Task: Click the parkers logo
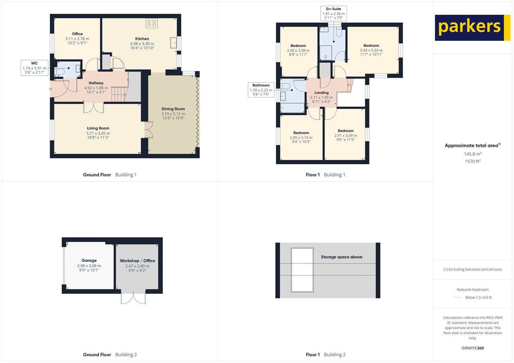click(472, 28)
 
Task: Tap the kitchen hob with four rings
click(152, 23)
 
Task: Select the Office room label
click(77, 34)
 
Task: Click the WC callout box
click(34, 68)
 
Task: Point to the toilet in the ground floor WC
click(60, 71)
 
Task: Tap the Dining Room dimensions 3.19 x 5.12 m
click(173, 114)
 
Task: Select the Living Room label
click(98, 128)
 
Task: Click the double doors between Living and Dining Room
click(148, 130)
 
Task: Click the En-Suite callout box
click(333, 13)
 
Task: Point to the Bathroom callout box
click(261, 90)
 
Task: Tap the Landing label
click(321, 92)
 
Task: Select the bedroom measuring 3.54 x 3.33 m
click(371, 50)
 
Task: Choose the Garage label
click(89, 260)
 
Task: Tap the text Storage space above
click(341, 257)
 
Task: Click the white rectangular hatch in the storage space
click(302, 270)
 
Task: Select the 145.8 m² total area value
click(472, 154)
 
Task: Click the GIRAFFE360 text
click(472, 348)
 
